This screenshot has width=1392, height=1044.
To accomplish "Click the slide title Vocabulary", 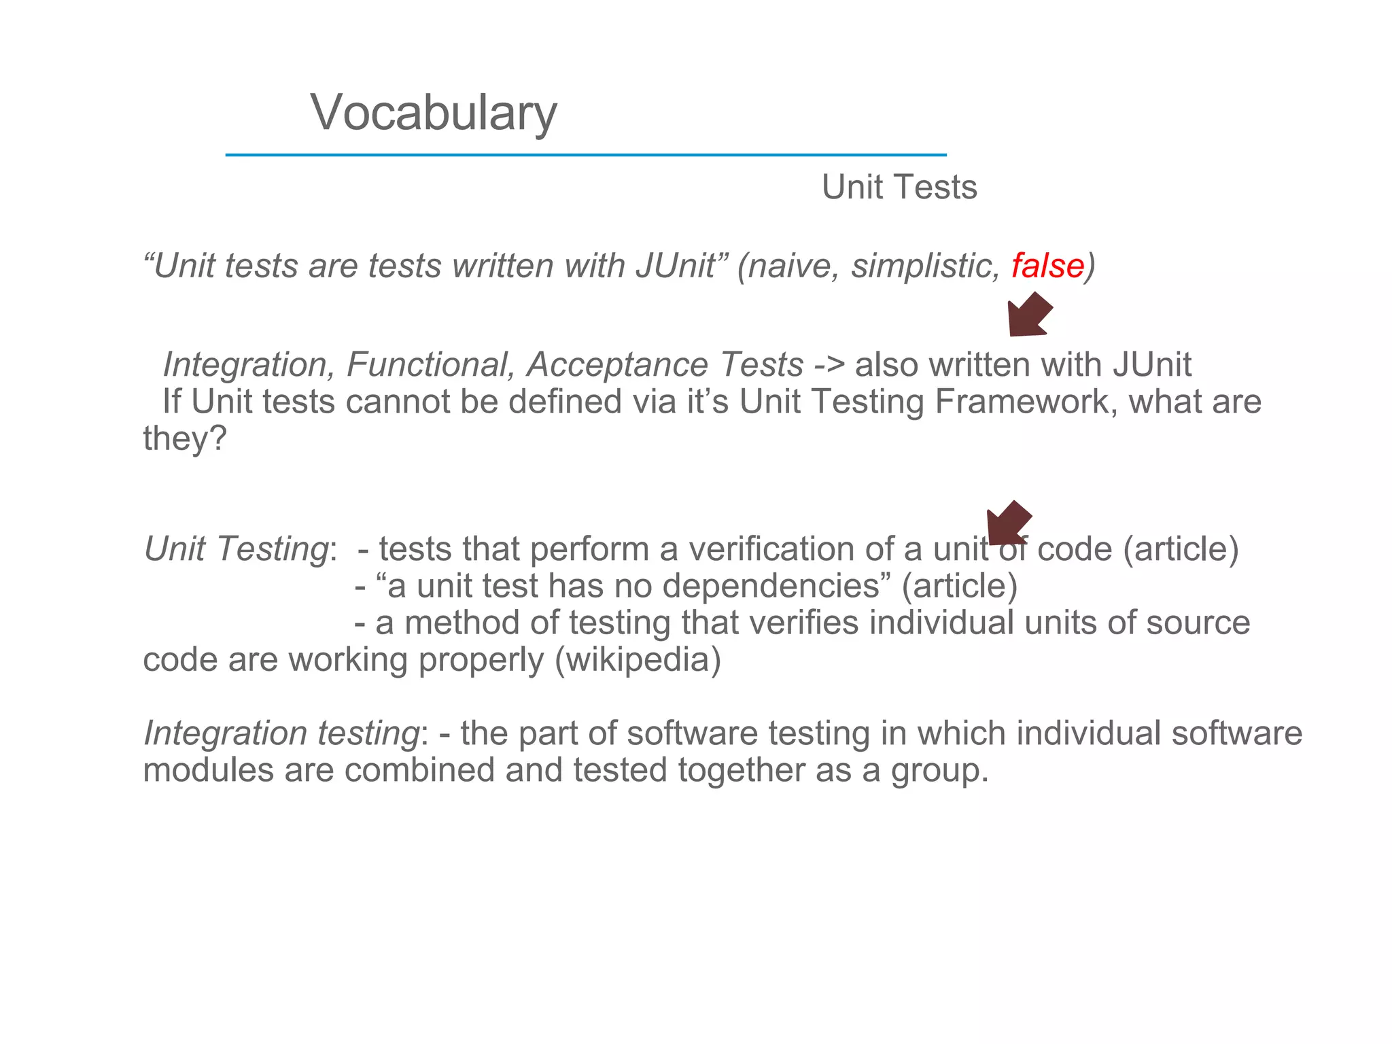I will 434,113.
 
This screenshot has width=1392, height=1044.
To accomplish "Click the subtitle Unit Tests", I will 899,187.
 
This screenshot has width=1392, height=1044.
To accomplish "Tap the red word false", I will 1047,265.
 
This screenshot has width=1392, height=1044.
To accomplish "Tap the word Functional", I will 430,365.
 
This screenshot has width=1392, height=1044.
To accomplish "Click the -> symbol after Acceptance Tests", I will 829,365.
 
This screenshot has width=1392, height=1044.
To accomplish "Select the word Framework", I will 1026,402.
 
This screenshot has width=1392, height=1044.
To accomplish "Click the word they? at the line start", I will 184,438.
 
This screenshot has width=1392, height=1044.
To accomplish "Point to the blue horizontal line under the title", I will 585,155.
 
